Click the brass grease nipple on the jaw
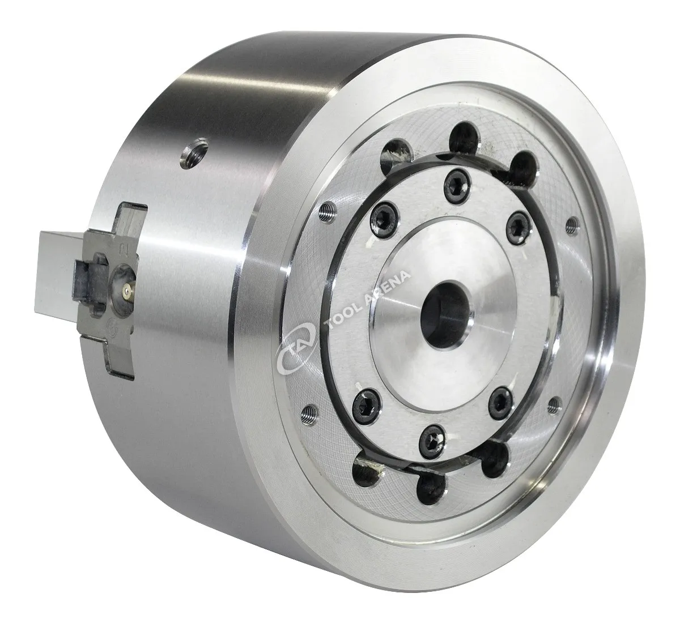(127, 290)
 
